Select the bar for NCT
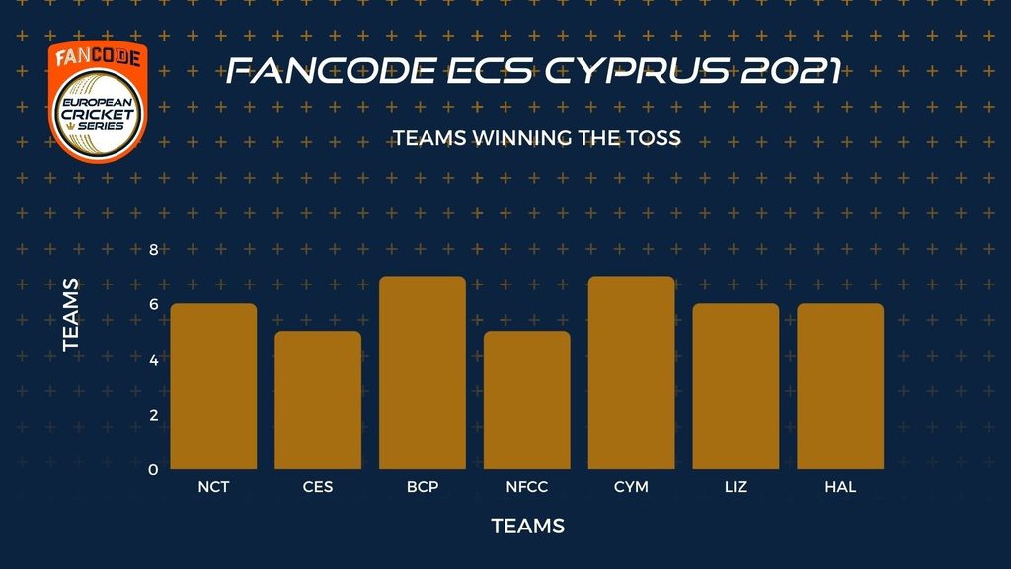pyautogui.click(x=213, y=386)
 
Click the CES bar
pyautogui.click(x=318, y=400)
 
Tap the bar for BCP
pyautogui.click(x=423, y=372)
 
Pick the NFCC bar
pyautogui.click(x=527, y=400)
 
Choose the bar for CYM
pyautogui.click(x=631, y=372)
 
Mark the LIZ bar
pyautogui.click(x=736, y=386)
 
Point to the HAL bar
pyautogui.click(x=840, y=386)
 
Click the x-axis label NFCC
pyautogui.click(x=527, y=487)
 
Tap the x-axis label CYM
pyautogui.click(x=631, y=487)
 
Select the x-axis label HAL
pyautogui.click(x=840, y=487)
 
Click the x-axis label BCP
pyautogui.click(x=423, y=487)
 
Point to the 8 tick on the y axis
pyautogui.click(x=153, y=250)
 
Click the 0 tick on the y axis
pyautogui.click(x=153, y=469)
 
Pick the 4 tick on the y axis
pyautogui.click(x=153, y=360)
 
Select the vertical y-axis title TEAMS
pyautogui.click(x=71, y=315)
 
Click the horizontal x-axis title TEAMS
pyautogui.click(x=528, y=526)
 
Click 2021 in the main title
pyautogui.click(x=791, y=71)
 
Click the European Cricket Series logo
pyautogui.click(x=98, y=102)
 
